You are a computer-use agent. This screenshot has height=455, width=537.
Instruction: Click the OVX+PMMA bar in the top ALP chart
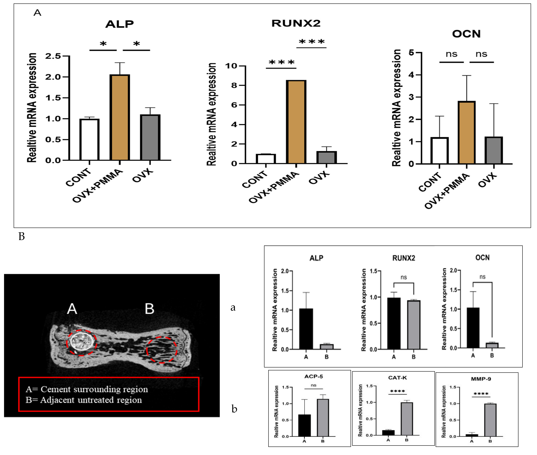[x=120, y=117]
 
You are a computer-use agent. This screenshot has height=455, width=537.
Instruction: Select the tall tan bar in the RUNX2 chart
[x=296, y=122]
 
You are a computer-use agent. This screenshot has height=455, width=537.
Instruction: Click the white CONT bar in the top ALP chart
[x=89, y=139]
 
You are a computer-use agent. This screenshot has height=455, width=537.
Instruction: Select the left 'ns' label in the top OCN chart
[x=451, y=54]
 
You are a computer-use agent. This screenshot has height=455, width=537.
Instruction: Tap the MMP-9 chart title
[x=481, y=379]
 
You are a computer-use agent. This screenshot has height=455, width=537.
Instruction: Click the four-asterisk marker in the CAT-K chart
[x=397, y=391]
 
